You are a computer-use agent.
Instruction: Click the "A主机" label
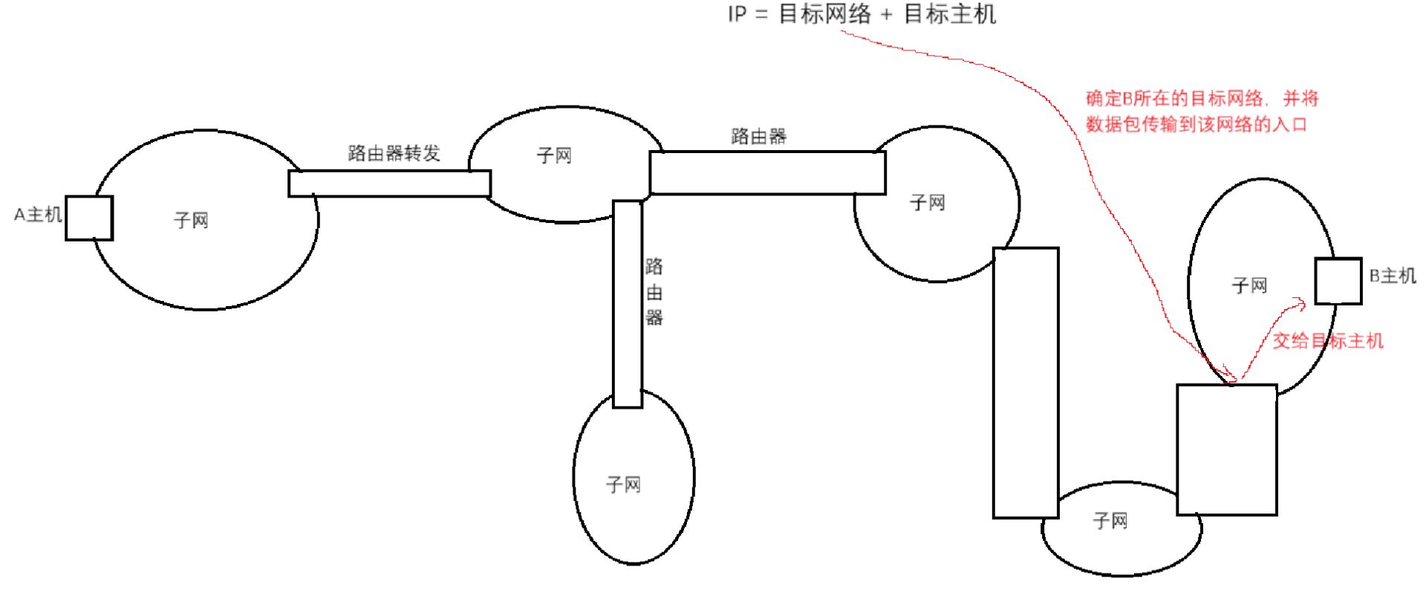37,215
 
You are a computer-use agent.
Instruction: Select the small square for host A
89,218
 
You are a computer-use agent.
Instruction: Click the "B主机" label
1392,276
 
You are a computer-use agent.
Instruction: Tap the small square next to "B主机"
1338,281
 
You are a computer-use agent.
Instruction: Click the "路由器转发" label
394,153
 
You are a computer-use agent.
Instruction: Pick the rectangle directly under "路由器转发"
389,184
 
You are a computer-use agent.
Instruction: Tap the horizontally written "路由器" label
758,136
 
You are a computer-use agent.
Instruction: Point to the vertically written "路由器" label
654,292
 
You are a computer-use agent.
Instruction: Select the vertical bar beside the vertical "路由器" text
628,304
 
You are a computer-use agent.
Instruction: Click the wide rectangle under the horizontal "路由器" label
767,172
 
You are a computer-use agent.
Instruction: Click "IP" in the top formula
737,14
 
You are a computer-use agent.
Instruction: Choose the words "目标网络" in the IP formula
824,14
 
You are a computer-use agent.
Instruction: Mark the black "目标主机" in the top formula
949,14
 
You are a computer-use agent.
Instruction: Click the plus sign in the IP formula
886,15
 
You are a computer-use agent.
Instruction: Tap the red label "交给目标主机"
1328,341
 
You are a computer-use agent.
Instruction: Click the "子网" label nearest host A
191,220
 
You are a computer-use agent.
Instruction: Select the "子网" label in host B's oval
1249,285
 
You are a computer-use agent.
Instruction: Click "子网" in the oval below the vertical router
623,484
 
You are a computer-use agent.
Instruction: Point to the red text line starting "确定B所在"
1202,98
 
